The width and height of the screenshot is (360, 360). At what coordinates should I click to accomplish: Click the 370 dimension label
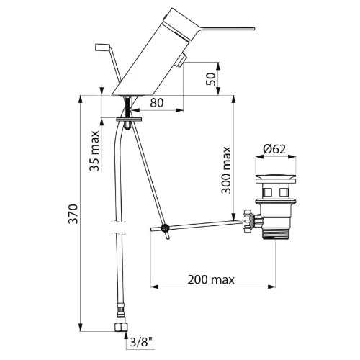pos(73,214)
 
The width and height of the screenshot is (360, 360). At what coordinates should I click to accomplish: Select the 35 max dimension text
pos(94,150)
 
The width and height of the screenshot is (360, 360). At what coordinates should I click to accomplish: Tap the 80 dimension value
pos(157,103)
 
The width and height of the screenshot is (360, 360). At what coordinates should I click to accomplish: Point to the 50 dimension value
pos(210,78)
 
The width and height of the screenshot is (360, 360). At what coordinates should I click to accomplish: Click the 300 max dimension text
pos(226,170)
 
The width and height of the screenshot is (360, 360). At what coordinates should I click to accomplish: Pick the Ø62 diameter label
pos(274,149)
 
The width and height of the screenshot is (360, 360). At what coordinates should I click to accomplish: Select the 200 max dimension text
pos(211,280)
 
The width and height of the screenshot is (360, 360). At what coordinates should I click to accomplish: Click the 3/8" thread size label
pos(142,343)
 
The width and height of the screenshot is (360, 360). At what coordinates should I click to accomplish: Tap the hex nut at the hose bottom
pos(121,327)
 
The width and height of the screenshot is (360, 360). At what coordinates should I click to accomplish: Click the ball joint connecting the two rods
pos(165,228)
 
